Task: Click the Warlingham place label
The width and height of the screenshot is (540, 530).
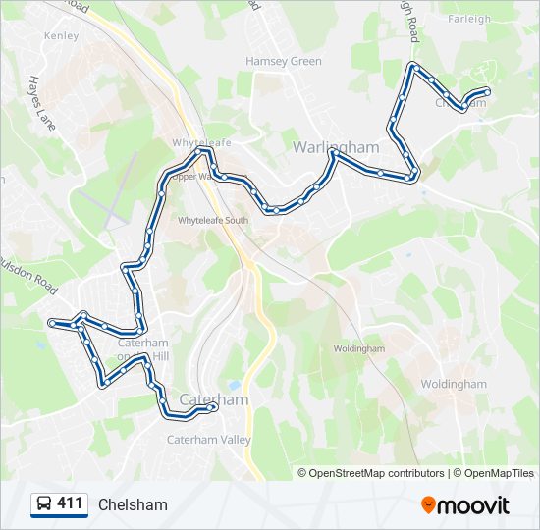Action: click(x=336, y=146)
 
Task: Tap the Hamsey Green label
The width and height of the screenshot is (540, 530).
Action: click(x=284, y=61)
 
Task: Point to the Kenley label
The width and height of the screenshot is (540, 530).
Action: click(x=61, y=35)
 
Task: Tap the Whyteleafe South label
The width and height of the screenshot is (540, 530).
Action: click(x=213, y=221)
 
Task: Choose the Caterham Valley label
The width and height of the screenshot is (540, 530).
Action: click(x=210, y=440)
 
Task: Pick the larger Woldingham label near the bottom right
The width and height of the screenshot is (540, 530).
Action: click(x=453, y=385)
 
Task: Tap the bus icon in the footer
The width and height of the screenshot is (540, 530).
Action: click(x=44, y=504)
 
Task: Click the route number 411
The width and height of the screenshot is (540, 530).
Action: click(x=70, y=503)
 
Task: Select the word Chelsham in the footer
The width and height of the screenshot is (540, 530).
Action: click(x=133, y=504)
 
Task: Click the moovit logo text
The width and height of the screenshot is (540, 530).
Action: click(x=474, y=505)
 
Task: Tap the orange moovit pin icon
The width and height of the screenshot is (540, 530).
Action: click(x=429, y=505)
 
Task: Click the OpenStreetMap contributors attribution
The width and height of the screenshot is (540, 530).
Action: click(x=376, y=473)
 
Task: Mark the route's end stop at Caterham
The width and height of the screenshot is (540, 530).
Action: click(x=213, y=407)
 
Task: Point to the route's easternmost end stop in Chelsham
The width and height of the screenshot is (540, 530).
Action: click(x=487, y=92)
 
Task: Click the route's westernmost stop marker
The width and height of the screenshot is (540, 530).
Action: click(x=51, y=321)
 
